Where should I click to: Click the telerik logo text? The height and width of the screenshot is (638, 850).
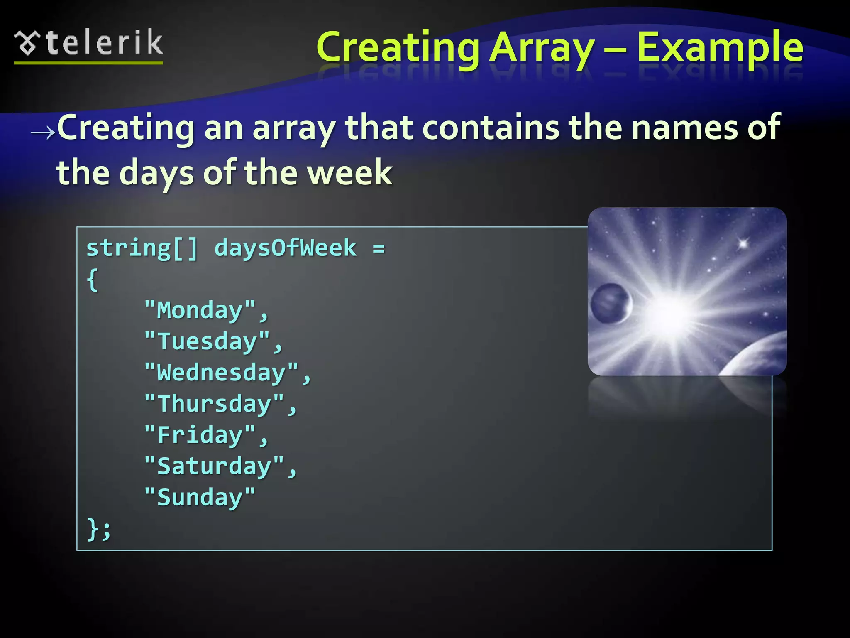point(104,43)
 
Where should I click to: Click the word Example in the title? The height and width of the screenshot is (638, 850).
point(720,48)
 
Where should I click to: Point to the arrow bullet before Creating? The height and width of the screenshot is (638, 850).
point(43,133)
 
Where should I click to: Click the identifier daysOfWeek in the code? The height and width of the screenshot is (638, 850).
point(285,248)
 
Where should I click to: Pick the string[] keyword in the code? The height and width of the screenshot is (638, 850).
point(142,249)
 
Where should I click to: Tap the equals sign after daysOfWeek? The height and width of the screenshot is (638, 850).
point(379,249)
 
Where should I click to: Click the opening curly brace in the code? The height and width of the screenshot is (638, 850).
point(93,280)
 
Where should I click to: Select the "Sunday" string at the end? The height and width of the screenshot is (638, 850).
point(200,497)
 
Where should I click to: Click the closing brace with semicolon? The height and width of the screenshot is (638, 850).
point(99,529)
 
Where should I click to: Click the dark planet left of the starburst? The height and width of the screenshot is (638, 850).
point(611,304)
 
